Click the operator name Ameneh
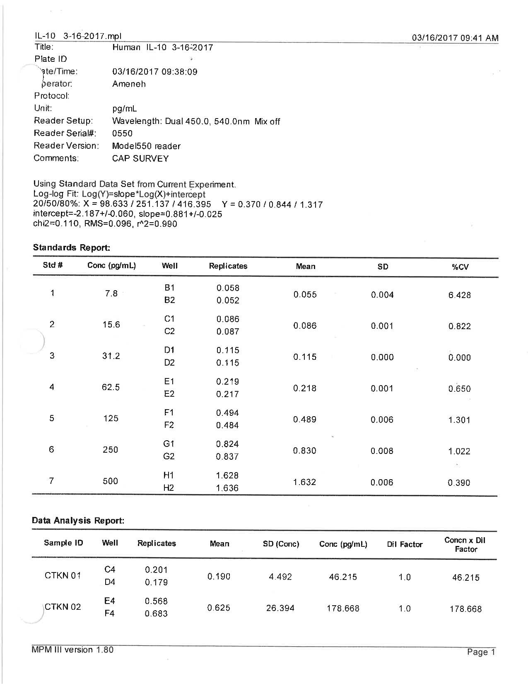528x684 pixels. [129, 84]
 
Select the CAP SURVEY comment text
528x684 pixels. [140, 158]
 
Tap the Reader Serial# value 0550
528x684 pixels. [122, 133]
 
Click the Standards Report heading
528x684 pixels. [71, 247]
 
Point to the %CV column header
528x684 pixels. [460, 267]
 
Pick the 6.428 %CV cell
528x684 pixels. [459, 295]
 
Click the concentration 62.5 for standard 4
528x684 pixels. [111, 387]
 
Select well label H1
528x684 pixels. [169, 475]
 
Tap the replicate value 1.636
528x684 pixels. [227, 488]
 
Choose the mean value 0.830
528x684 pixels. [304, 451]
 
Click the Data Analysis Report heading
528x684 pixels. [78, 521]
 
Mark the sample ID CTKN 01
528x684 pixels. [63, 575]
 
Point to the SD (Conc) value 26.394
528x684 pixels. [280, 608]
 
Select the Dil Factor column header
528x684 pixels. [405, 544]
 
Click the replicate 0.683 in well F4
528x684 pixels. [156, 614]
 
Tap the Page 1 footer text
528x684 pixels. [481, 652]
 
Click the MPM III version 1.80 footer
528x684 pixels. [72, 650]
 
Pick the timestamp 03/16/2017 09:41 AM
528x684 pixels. [455, 38]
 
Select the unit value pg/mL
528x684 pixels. [124, 109]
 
